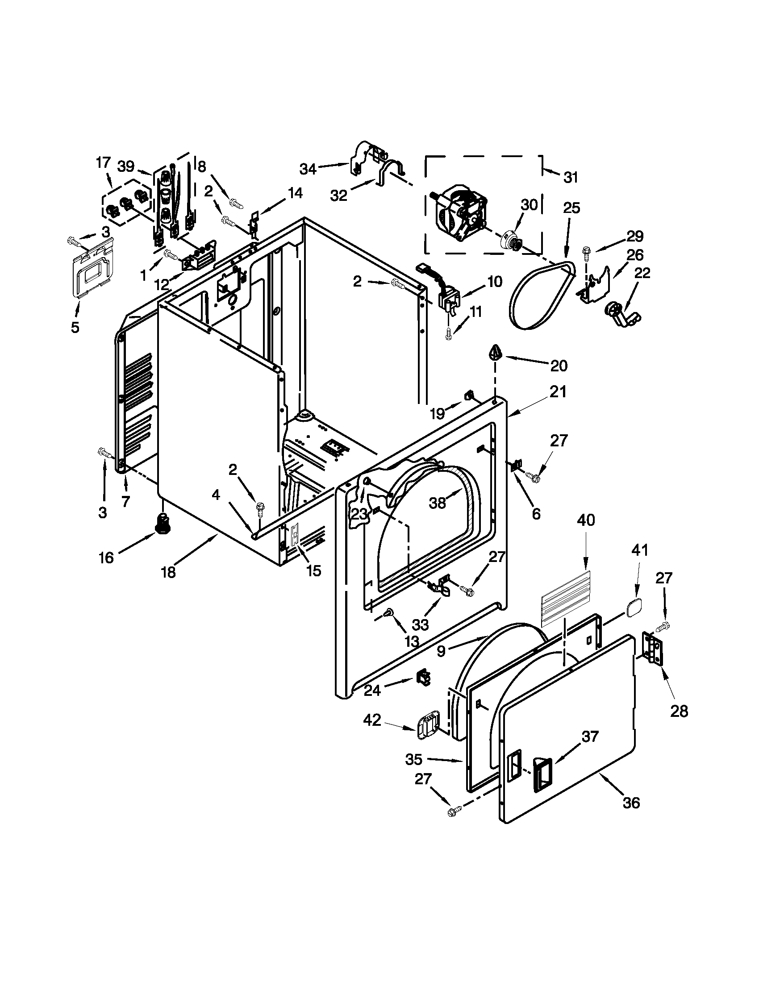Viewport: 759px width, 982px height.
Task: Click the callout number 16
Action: coord(107,558)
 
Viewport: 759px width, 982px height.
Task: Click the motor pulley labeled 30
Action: coord(511,239)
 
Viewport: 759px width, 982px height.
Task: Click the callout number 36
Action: coord(631,803)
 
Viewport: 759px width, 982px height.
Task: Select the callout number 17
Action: coord(103,162)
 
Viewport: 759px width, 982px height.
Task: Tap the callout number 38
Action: coord(437,503)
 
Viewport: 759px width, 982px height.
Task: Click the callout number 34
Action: coord(309,169)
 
